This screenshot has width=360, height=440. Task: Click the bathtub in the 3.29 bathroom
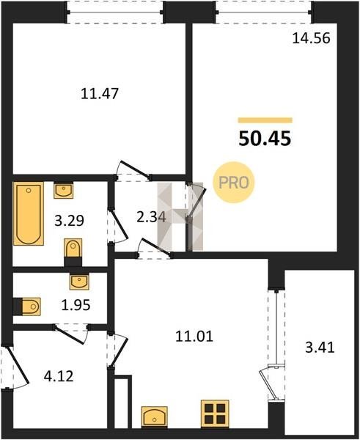coord(29,213)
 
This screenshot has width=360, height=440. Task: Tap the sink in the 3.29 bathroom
coord(63,190)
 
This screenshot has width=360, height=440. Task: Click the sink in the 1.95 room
coord(79,282)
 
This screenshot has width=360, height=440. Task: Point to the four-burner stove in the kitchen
coord(215,414)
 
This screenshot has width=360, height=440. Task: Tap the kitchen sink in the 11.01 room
coord(154,417)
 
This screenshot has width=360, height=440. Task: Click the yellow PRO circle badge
coord(233,183)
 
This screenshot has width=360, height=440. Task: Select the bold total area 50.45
coord(265,139)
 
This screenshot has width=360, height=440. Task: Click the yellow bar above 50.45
coord(265,120)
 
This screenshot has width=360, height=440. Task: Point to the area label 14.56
coord(311,38)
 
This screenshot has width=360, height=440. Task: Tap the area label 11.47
coord(100,93)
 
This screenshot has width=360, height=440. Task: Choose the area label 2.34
coord(151,217)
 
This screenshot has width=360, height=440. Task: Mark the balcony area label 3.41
coord(320,348)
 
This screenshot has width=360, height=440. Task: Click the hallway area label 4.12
coord(59,376)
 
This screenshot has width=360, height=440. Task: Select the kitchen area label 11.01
coord(194,336)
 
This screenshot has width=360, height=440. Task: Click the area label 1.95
coord(76,305)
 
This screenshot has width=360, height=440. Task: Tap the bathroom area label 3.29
coord(69,221)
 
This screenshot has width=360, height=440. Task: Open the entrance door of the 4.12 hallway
coord(18,365)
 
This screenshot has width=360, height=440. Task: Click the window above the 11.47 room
coord(115,12)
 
